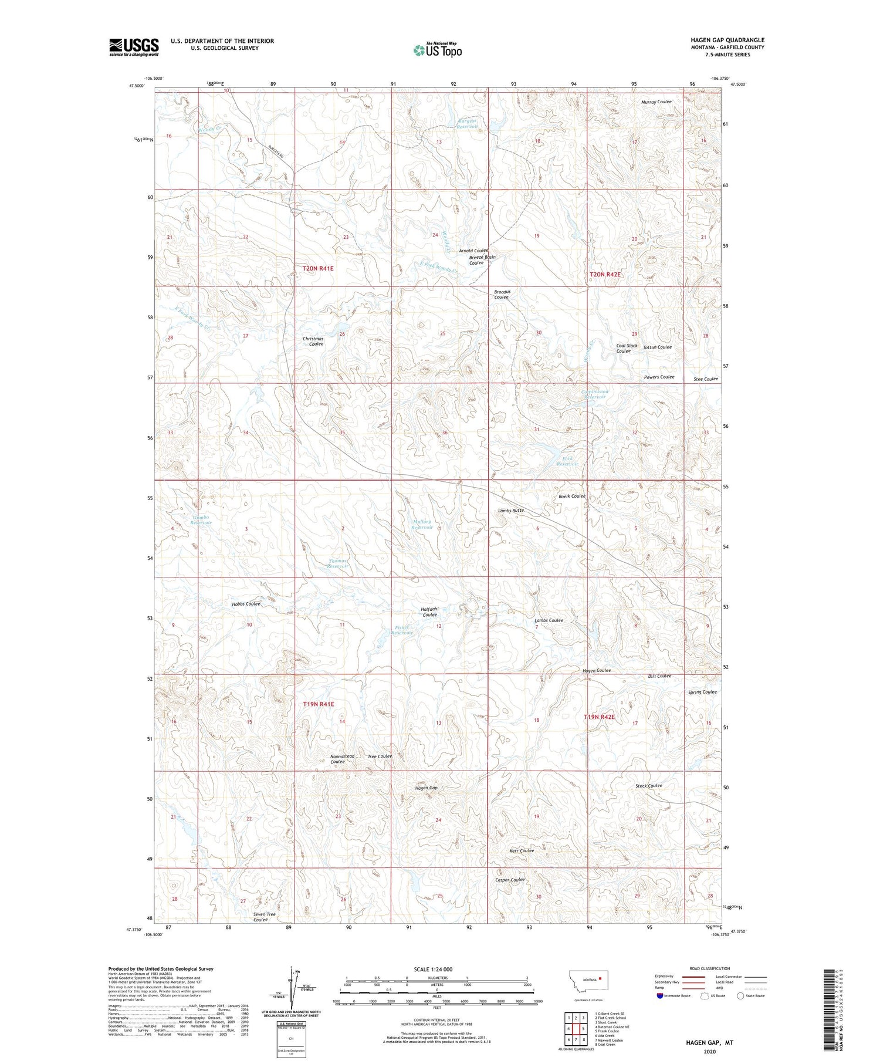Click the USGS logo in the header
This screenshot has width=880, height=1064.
(x=134, y=47)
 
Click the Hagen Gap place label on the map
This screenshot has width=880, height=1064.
(x=426, y=788)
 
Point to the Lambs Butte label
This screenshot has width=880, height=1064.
(x=510, y=511)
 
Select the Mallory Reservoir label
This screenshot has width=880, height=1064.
(x=422, y=524)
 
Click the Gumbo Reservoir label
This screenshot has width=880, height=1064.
(x=200, y=519)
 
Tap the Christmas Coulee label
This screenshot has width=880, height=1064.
(x=313, y=341)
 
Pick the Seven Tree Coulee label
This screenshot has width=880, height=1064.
(x=264, y=917)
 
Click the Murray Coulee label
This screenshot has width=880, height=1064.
(x=656, y=102)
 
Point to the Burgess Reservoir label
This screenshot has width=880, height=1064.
(x=468, y=124)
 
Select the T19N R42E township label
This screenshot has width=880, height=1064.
(x=599, y=717)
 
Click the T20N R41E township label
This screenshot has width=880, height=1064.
(x=317, y=268)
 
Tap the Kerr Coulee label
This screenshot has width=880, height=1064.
(x=521, y=850)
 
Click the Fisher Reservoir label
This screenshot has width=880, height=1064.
(x=402, y=630)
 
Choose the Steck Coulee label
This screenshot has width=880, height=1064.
(x=648, y=785)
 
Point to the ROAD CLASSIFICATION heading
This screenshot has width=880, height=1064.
(x=709, y=968)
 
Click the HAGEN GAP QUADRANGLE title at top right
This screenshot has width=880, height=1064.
(x=727, y=40)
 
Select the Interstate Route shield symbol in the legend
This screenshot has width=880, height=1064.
(x=660, y=996)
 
